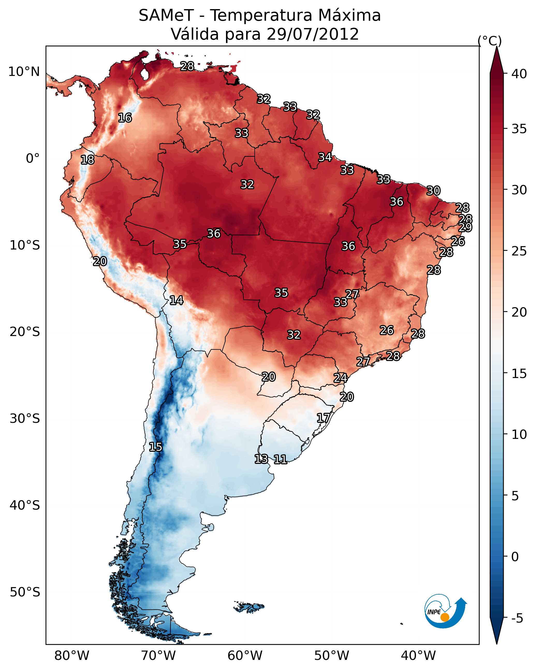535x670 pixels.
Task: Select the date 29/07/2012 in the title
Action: click(x=312, y=34)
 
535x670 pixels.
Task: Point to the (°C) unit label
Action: click(x=489, y=41)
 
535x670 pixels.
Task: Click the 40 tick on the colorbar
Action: click(x=519, y=74)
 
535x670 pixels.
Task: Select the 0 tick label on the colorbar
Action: click(x=515, y=557)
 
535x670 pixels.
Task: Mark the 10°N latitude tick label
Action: click(x=24, y=72)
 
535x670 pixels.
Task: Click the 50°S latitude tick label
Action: click(x=25, y=592)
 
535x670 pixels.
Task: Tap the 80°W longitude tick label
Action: click(x=72, y=656)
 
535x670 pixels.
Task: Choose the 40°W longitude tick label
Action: click(x=418, y=656)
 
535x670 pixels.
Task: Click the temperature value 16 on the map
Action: click(x=125, y=118)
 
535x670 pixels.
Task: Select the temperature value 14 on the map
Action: click(x=176, y=300)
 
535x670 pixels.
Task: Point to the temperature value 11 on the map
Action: click(x=280, y=459)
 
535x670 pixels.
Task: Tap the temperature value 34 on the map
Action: click(x=325, y=157)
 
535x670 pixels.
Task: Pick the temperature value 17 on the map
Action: click(x=323, y=418)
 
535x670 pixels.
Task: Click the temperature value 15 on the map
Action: click(x=156, y=447)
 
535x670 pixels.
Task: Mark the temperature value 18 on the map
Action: click(x=87, y=160)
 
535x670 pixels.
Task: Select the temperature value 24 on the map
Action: click(x=340, y=378)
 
